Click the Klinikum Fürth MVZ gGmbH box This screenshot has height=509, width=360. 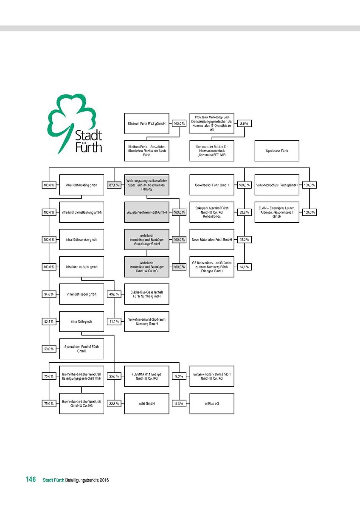[146, 123]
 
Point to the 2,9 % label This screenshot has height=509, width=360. [244, 123]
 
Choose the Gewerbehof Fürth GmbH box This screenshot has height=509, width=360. [212, 185]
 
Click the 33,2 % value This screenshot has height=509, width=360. [244, 212]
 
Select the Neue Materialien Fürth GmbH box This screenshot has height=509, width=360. [212, 240]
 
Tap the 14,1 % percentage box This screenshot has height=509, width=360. [244, 267]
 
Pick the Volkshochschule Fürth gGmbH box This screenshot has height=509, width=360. [277, 185]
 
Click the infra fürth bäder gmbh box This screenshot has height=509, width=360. [82, 294]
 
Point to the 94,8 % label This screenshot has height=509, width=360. [49, 294]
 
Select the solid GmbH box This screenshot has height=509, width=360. [146, 403]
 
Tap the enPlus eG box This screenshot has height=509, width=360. [212, 403]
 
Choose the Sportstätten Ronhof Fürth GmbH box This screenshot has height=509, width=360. [82, 349]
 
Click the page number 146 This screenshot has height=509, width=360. [30, 480]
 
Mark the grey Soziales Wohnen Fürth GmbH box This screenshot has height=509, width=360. [146, 212]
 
